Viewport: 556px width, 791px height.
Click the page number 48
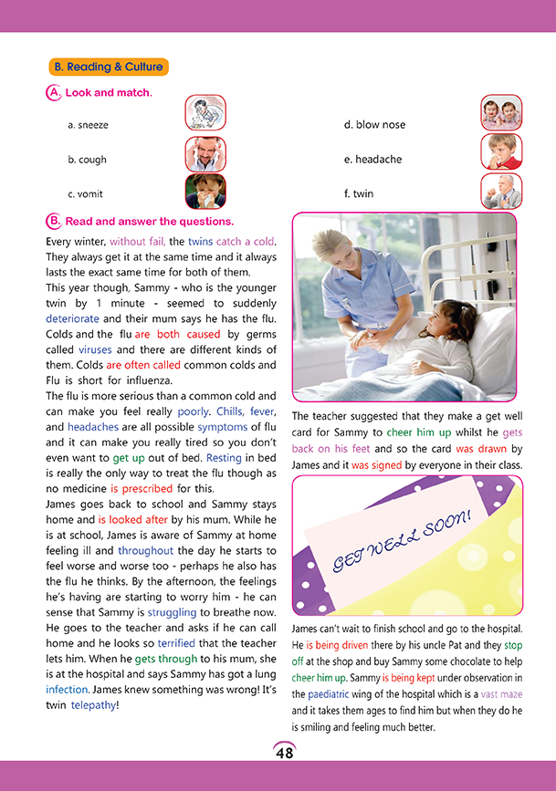tap(284, 753)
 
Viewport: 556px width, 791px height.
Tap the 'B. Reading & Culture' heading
tap(108, 67)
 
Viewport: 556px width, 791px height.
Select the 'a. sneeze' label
tap(88, 124)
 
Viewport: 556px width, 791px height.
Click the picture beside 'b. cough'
tap(205, 155)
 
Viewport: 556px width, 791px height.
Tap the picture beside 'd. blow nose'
tap(501, 113)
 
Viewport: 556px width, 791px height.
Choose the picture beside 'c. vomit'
tap(205, 192)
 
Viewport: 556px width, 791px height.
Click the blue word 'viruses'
tap(95, 349)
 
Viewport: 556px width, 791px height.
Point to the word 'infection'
tap(67, 690)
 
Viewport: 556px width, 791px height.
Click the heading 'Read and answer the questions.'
tap(149, 221)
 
